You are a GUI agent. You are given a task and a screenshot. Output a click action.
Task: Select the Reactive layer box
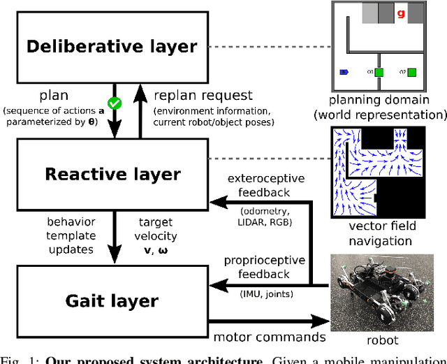click(111, 175)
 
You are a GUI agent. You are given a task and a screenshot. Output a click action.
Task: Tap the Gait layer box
click(111, 301)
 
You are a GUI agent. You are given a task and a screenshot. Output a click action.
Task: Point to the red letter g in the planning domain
click(400, 13)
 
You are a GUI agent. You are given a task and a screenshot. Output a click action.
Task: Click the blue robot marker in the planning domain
click(344, 72)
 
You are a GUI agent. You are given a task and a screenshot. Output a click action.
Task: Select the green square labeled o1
click(379, 72)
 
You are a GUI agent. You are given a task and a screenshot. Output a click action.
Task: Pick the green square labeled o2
click(412, 72)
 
